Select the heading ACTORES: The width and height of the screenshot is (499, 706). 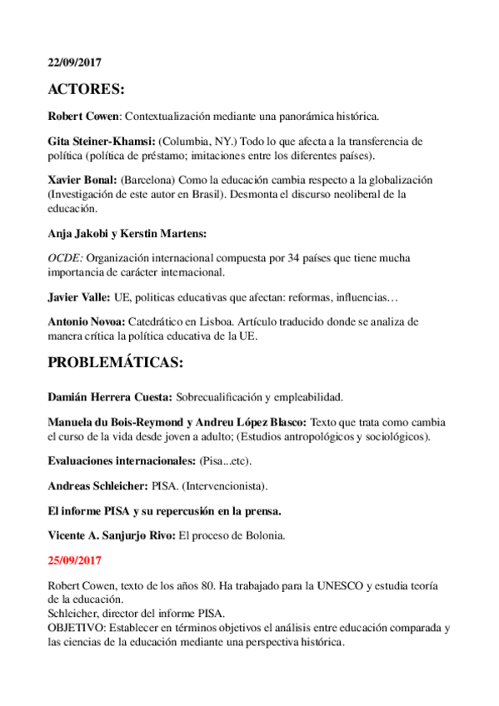click(x=85, y=91)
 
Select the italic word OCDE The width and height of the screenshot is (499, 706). click(x=65, y=258)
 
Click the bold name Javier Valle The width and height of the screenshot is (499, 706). click(x=77, y=296)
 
